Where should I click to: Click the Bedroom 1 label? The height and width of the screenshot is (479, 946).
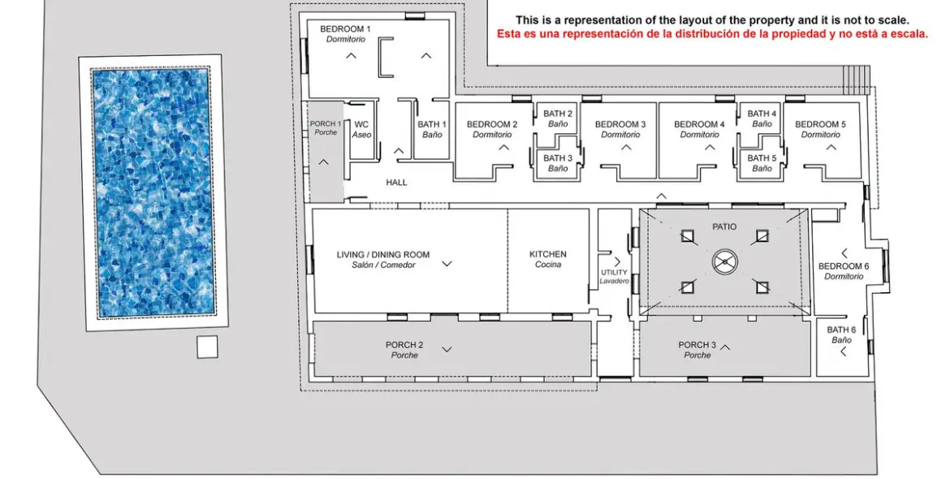click(345, 34)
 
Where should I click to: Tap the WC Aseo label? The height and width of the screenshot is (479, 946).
click(361, 130)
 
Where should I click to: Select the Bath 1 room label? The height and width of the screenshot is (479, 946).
click(432, 130)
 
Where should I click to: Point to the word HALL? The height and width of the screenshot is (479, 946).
click(396, 182)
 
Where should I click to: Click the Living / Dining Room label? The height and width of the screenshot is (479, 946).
click(383, 260)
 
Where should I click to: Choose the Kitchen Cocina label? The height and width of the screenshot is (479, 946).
click(548, 260)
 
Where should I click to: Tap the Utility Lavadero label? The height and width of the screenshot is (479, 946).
click(614, 277)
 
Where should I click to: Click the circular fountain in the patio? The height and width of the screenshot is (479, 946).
click(724, 261)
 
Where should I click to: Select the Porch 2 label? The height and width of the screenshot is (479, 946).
click(404, 350)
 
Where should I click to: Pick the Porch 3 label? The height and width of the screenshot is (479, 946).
click(698, 350)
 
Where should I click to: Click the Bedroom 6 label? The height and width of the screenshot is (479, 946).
click(844, 271)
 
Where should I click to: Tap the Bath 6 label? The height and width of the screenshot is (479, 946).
click(841, 334)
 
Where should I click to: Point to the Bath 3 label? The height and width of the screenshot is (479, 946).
click(558, 163)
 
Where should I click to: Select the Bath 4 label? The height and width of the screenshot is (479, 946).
click(762, 119)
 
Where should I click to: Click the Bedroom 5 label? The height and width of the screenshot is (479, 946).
click(820, 129)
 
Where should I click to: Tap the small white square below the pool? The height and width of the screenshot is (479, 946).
click(207, 347)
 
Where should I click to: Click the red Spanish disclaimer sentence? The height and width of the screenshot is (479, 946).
click(712, 34)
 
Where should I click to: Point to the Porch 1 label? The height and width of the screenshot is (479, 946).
click(326, 128)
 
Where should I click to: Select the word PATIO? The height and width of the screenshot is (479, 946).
click(724, 227)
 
